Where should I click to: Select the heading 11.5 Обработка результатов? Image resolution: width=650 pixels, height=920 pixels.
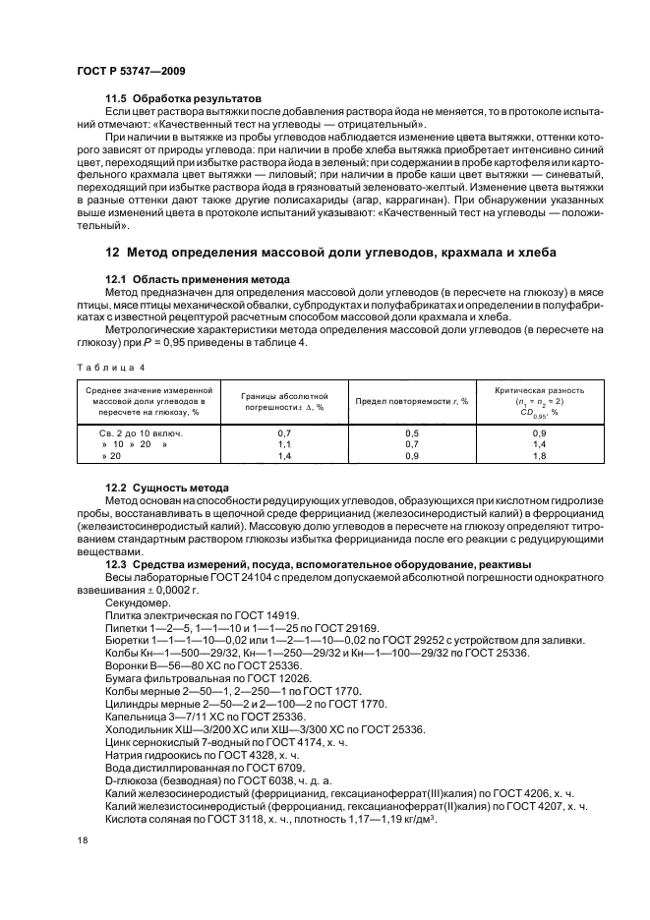184,99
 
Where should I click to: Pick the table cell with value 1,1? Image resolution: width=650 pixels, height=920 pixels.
284,444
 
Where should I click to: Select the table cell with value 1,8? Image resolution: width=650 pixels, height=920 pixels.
539,456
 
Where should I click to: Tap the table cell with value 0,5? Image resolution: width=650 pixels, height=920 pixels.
412,432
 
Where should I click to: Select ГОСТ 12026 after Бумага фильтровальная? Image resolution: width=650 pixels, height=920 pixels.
276,678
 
